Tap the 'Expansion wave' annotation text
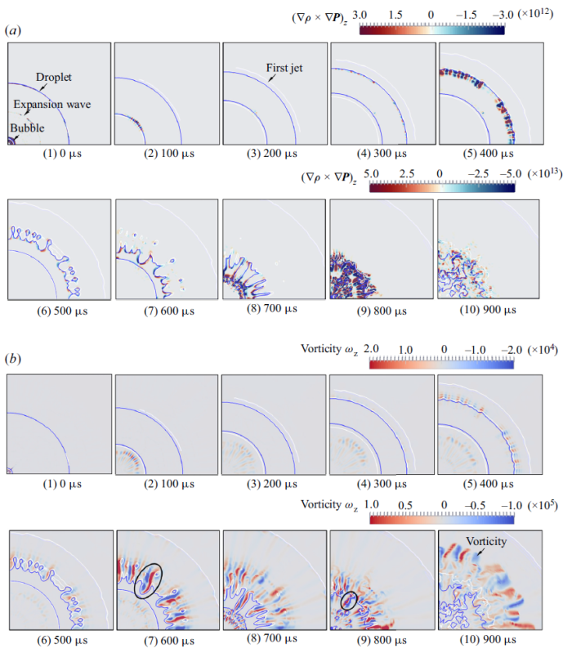pos(51,105)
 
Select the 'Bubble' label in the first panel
pos(28,127)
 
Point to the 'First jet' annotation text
pos(284,69)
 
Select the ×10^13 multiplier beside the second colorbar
pos(543,174)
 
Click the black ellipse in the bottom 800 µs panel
pos(349,601)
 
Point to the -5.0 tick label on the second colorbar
pos(509,174)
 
